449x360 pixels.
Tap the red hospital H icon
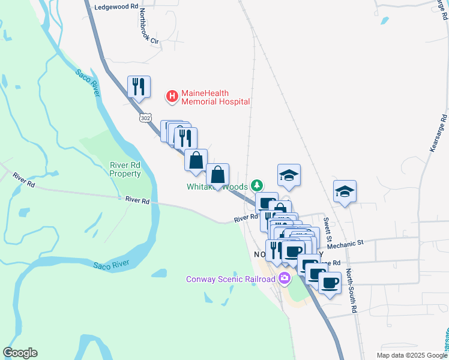[x=172, y=95]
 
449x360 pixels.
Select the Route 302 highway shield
[x=145, y=118]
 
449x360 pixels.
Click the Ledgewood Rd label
[x=113, y=7]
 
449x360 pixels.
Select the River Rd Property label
[x=125, y=169]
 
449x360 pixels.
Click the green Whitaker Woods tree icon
[x=257, y=184]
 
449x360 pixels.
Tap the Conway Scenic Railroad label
[x=231, y=278]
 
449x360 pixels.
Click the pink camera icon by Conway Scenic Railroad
[x=285, y=278]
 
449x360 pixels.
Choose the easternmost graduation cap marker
[x=345, y=191]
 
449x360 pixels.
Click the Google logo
[x=20, y=353]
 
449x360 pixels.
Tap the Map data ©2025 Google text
[x=412, y=355]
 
